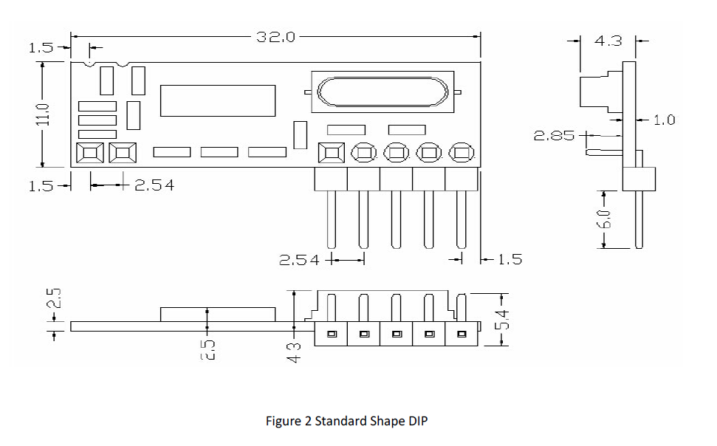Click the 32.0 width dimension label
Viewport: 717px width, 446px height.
[x=275, y=37]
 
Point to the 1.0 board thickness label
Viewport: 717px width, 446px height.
[x=664, y=120]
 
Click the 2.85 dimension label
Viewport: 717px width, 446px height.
[x=554, y=136]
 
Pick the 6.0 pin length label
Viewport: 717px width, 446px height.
[x=603, y=219]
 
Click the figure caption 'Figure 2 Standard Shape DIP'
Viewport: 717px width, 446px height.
[x=346, y=421]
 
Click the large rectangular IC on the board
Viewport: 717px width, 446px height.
[x=218, y=100]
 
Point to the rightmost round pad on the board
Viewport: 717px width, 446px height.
[x=462, y=153]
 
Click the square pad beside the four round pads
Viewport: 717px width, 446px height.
[x=331, y=153]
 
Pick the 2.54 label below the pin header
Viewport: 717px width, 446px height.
[x=299, y=260]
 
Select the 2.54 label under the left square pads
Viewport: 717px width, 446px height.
[x=154, y=185]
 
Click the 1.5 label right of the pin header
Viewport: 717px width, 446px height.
[x=510, y=259]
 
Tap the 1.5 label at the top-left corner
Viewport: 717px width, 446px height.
[x=41, y=48]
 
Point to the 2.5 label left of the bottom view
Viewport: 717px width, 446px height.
[x=54, y=299]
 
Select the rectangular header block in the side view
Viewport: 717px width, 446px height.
[x=639, y=177]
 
